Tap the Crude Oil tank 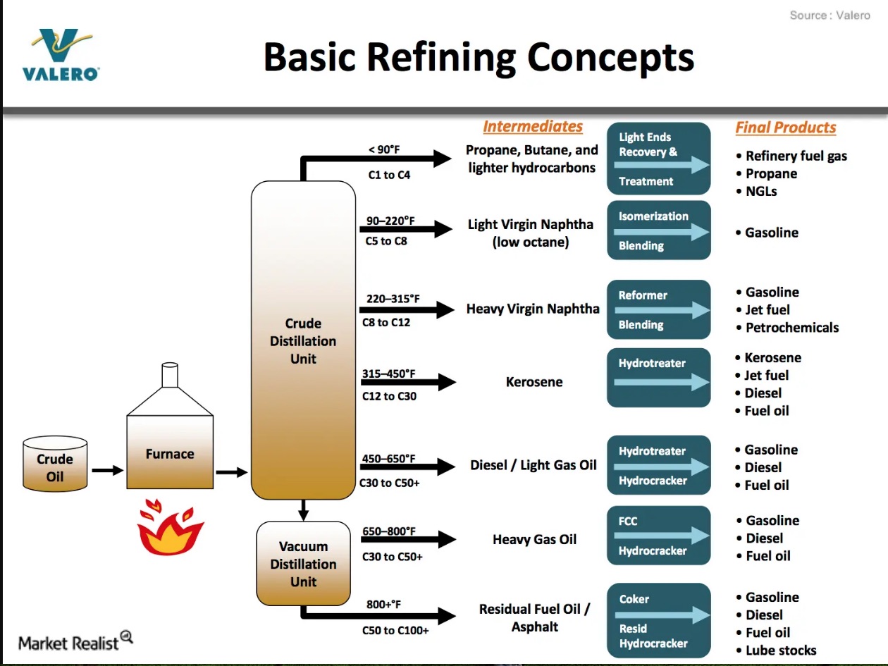pos(55,464)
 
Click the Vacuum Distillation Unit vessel pos(303,564)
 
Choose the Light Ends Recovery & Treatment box pos(658,159)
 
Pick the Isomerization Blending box pos(658,230)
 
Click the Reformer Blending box pos(658,309)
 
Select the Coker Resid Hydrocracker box pos(658,620)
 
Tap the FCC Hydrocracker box pos(658,536)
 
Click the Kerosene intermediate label pos(534,382)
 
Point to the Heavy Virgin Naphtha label pos(533,309)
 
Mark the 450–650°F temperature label pos(389,459)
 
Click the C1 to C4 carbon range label pos(389,175)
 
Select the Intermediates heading pos(533,127)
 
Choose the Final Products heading pos(786,128)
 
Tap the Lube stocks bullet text pos(781,650)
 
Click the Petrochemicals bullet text pos(792,327)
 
